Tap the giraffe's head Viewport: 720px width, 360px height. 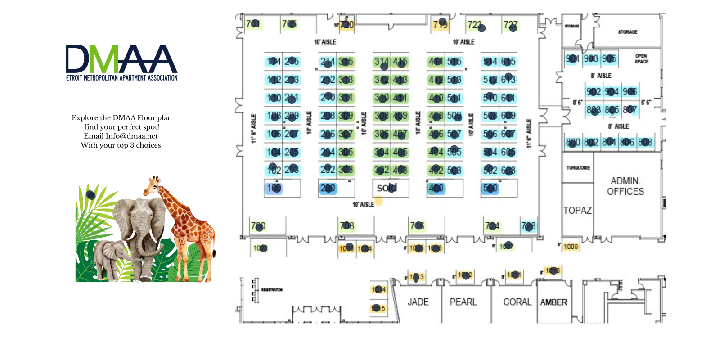153,185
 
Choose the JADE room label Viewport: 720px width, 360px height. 418,302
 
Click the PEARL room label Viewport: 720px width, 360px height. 463,302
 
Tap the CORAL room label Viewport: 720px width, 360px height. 517,302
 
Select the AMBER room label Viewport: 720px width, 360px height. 553,302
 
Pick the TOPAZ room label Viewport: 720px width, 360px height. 577,210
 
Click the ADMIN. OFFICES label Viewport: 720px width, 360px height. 625,186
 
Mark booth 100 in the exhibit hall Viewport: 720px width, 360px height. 274,188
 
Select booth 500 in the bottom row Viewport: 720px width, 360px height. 490,188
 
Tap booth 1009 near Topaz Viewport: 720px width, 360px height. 571,247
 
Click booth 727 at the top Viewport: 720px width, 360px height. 511,25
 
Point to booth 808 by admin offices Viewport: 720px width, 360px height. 645,142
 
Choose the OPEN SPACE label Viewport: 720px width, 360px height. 641,58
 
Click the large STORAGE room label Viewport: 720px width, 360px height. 627,32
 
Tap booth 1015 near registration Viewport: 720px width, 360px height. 378,308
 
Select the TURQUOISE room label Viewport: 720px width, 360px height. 578,167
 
